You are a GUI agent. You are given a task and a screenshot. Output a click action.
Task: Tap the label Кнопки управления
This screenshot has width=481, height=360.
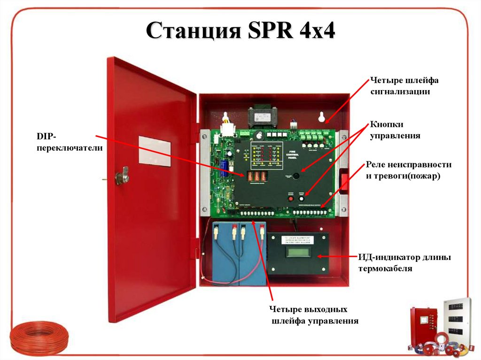click(395, 130)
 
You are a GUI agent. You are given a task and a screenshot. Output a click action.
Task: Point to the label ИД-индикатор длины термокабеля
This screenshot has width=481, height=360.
click(404, 263)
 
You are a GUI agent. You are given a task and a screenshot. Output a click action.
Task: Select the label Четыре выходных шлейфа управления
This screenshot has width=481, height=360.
click(313, 315)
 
